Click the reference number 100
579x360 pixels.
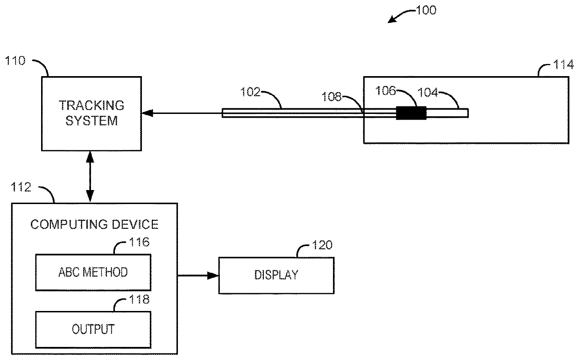426,10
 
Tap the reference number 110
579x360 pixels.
15,61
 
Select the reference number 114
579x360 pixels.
563,64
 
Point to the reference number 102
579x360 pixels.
250,92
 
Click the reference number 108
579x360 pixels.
332,97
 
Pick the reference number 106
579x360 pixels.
385,91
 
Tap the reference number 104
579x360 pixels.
428,92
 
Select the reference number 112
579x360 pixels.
21,187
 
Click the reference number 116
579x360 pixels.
139,242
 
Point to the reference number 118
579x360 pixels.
139,299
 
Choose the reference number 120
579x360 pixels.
322,245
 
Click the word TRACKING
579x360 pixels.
92,106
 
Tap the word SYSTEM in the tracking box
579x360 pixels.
92,120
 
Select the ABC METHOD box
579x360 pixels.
93,272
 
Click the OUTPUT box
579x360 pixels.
93,330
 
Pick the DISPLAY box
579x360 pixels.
276,275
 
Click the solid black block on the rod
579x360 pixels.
411,113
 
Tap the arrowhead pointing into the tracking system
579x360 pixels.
147,113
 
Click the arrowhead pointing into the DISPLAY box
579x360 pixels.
213,275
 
